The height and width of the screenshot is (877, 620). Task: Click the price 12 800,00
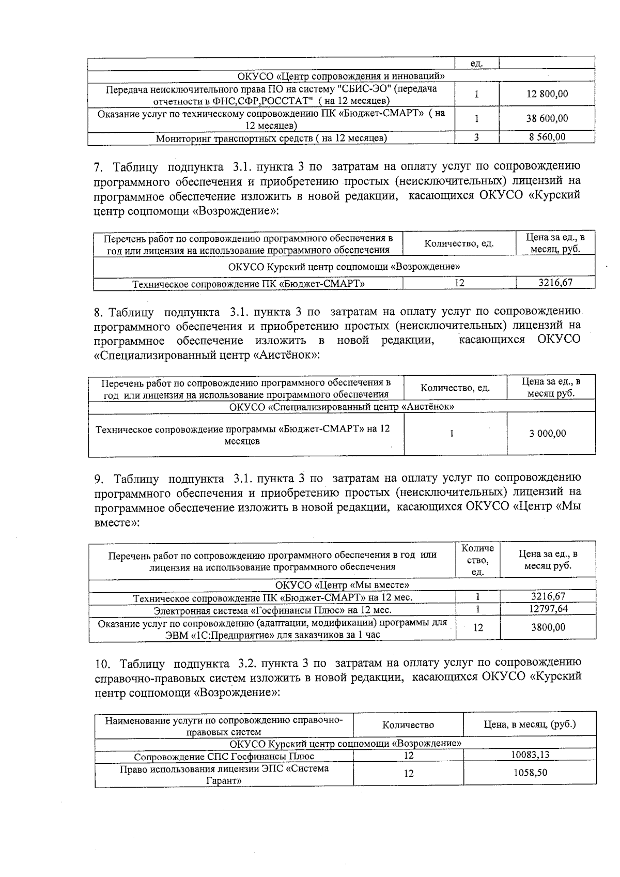point(547,94)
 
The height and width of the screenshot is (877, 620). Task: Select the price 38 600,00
point(547,118)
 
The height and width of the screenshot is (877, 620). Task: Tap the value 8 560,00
point(547,137)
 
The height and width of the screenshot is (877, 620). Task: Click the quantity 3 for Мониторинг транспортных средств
point(476,137)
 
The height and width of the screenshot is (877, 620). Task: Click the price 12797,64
point(548,609)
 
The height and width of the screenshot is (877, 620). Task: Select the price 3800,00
point(548,627)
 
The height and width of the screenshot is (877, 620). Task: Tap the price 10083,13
point(530,755)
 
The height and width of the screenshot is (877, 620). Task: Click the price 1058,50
point(530,773)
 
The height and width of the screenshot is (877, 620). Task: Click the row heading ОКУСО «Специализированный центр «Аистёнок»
point(342,407)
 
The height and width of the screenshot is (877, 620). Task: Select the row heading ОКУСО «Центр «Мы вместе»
point(342,585)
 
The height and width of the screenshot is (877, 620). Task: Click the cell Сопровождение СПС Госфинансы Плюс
point(224,757)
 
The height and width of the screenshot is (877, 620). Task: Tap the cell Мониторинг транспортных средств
point(271,138)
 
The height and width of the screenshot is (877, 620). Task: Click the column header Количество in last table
point(408,725)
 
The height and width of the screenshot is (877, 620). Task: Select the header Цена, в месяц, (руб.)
point(530,725)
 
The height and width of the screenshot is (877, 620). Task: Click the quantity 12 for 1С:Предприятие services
point(478,628)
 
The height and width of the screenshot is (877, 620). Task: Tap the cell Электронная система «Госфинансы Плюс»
point(272,610)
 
